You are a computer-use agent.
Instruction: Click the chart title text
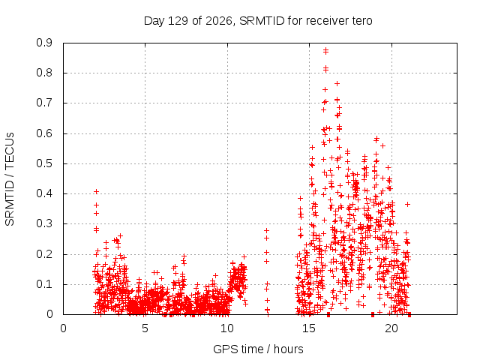[258, 21]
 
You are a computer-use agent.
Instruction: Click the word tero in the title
[361, 21]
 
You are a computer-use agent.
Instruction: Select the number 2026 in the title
[218, 21]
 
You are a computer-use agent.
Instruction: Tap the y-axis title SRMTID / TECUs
[10, 179]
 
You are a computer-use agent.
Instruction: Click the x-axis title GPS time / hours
[258, 349]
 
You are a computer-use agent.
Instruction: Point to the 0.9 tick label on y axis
[44, 43]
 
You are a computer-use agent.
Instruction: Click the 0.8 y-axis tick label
[44, 73]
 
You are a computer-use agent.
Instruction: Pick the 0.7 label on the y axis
[44, 103]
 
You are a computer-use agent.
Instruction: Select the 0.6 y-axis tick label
[44, 133]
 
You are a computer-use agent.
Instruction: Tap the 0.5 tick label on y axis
[44, 163]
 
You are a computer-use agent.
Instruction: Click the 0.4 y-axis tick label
[44, 193]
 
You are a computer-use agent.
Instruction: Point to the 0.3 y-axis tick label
[44, 223]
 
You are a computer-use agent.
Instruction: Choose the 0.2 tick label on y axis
[44, 254]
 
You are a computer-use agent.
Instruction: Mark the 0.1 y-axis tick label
[44, 284]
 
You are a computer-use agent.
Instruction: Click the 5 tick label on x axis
[145, 328]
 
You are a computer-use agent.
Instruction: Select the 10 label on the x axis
[226, 328]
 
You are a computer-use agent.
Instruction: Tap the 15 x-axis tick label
[309, 328]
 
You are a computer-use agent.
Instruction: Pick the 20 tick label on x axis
[391, 328]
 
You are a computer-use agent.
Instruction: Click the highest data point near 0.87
[325, 49]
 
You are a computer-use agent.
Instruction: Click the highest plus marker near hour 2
[97, 192]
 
